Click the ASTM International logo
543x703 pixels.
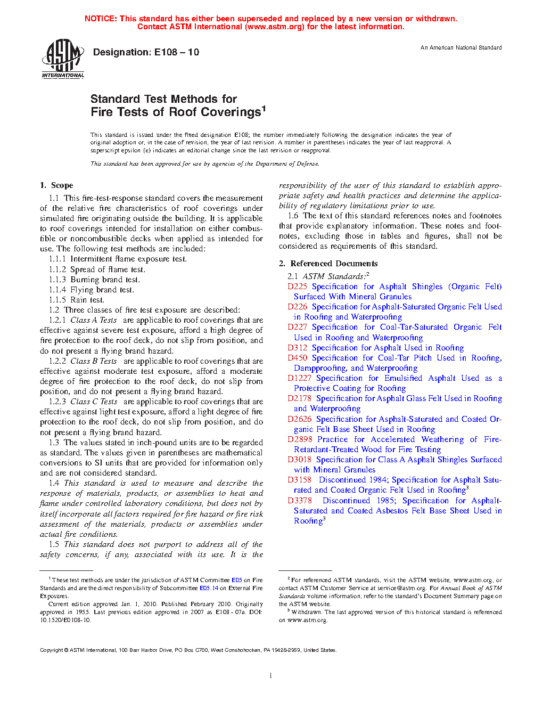pos(63,59)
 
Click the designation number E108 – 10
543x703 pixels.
pos(177,52)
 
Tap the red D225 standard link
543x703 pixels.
pos(297,287)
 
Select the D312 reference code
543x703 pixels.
pos(297,348)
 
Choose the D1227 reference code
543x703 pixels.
pos(299,378)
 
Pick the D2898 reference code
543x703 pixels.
pos(299,439)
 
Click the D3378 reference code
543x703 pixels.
pos(299,501)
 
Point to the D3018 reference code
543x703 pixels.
pos(299,460)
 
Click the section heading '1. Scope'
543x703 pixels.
pos(56,185)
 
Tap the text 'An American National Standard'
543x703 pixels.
pos(461,48)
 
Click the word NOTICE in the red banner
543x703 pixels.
pos(101,19)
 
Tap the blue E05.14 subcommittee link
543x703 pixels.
pos(209,588)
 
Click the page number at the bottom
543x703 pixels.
pos(271,676)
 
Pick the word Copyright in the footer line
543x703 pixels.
pos(52,650)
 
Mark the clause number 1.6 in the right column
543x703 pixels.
pos(293,216)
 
